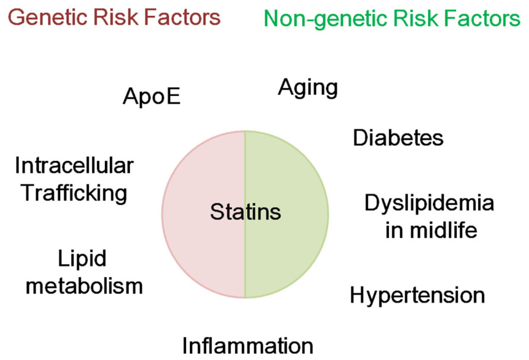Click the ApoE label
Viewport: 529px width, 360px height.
pos(151,97)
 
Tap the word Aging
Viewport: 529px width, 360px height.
pos(308,88)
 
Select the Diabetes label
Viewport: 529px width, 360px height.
pos(398,138)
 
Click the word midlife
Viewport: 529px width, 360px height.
pos(444,231)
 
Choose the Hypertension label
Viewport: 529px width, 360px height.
pos(418,296)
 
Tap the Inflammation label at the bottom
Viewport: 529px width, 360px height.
pos(248,346)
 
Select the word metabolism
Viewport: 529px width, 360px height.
pos(84,286)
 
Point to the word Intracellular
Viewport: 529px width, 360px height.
pos(74,165)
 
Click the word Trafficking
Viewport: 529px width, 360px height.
pos(74,194)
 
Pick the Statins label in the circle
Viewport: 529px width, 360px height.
pos(246,212)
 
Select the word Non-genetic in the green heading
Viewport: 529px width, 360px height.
pos(326,19)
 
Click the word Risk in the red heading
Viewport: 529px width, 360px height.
pos(116,17)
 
